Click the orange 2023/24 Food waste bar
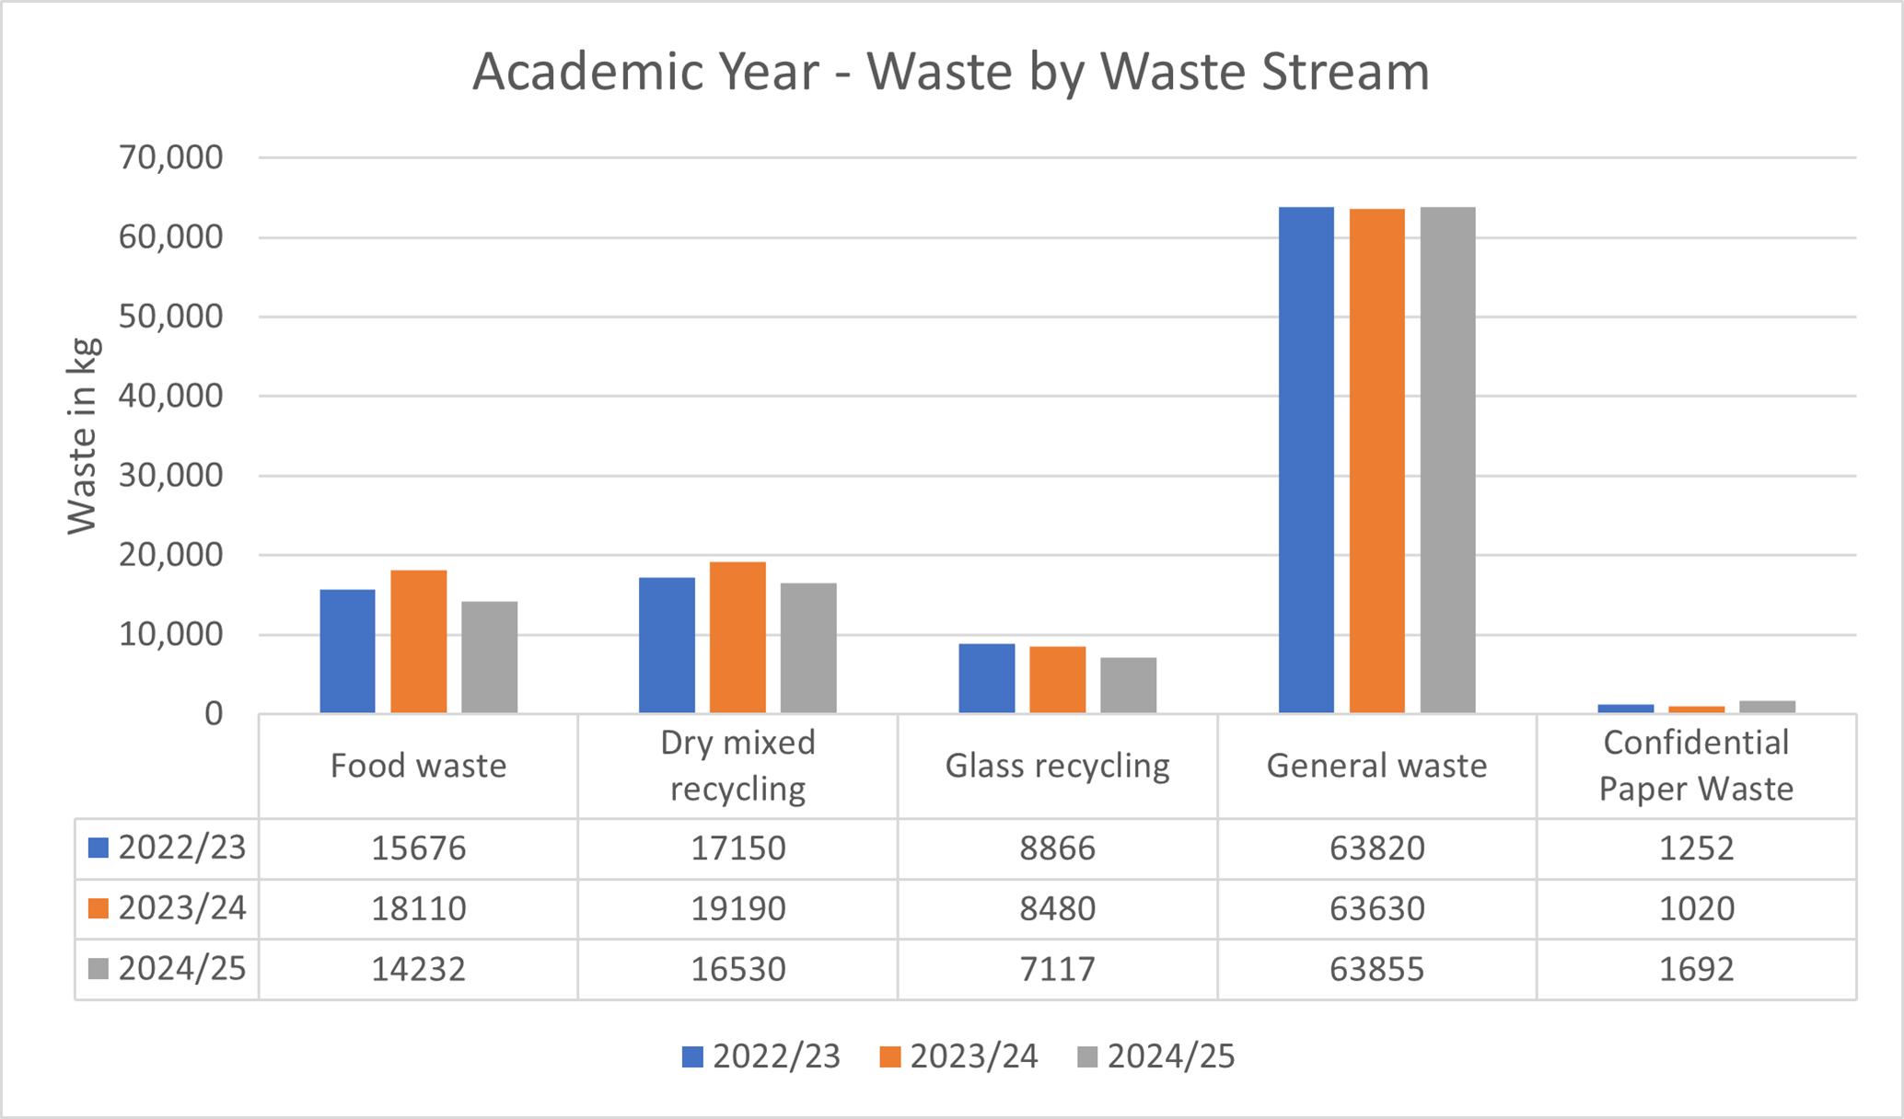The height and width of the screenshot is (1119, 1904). [x=418, y=641]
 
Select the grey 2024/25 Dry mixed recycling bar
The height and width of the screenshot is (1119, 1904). [x=808, y=648]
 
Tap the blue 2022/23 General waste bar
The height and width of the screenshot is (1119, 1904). [x=1306, y=460]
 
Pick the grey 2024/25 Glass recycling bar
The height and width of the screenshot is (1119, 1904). [x=1128, y=685]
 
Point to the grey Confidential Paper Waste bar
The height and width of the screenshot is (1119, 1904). [x=1767, y=707]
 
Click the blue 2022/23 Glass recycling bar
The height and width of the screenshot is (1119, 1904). [x=986, y=678]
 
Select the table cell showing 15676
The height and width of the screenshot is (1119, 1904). [x=418, y=848]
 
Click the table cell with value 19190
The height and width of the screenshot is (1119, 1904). [x=737, y=908]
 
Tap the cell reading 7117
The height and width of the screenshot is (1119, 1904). [x=1057, y=969]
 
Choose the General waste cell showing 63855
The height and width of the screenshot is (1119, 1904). [x=1376, y=969]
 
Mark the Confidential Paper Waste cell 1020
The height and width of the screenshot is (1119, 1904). [x=1696, y=908]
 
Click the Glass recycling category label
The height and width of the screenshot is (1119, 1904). [x=1057, y=766]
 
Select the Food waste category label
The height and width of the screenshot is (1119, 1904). [x=418, y=766]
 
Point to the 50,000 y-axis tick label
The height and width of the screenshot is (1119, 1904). [x=170, y=317]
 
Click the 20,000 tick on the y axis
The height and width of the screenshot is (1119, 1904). [x=170, y=555]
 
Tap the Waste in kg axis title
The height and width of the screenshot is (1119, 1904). [x=82, y=435]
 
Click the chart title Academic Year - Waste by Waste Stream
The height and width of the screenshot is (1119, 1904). [x=951, y=72]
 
